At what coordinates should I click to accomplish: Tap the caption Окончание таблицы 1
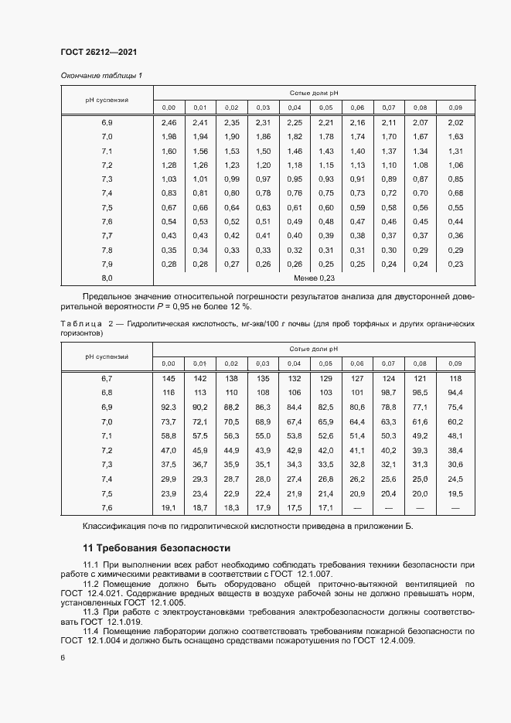(x=101, y=75)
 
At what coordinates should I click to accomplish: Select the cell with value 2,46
(x=169, y=123)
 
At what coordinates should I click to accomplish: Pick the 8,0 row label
(x=107, y=277)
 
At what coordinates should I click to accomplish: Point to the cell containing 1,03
(x=169, y=179)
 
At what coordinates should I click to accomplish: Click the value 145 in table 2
(x=169, y=378)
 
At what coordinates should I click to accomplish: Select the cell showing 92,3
(x=169, y=407)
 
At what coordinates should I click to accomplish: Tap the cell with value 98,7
(x=388, y=393)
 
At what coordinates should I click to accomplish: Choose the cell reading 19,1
(x=169, y=507)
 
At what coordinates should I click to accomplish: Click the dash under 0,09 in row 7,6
(x=455, y=507)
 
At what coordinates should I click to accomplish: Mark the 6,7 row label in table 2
(x=107, y=378)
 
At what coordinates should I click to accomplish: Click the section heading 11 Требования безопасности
(x=156, y=548)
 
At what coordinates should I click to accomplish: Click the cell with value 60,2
(x=455, y=421)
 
